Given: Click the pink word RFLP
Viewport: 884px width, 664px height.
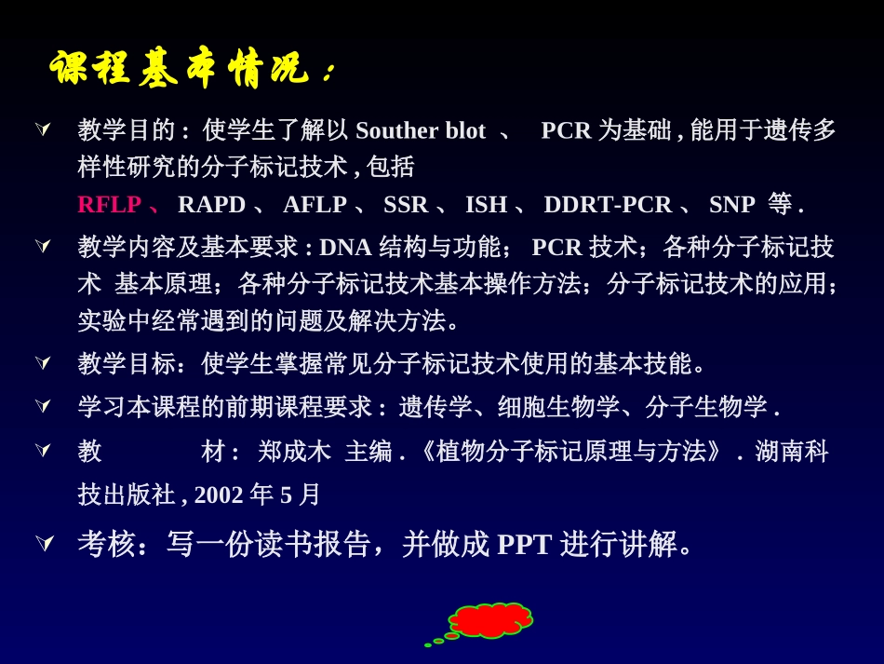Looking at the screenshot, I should [109, 204].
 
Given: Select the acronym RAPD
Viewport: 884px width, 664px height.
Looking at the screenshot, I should [211, 204].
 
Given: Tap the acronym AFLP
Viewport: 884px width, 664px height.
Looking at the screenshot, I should [315, 204].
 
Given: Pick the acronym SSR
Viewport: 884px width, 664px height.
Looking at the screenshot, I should [406, 204].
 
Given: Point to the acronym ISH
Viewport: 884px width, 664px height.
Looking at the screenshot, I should [486, 204].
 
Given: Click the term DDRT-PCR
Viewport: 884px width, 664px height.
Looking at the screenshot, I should [608, 204].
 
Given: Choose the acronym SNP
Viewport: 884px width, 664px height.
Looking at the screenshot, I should [731, 204].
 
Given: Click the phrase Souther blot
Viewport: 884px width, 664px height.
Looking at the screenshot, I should [421, 130].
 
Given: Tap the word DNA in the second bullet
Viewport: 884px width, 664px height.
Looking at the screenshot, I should [345, 248].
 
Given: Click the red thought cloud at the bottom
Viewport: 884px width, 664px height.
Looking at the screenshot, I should [490, 620].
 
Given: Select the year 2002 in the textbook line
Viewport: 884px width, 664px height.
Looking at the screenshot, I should [219, 495].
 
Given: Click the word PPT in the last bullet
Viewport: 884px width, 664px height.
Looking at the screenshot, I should [524, 544].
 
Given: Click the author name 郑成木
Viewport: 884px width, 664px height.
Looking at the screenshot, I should [294, 452].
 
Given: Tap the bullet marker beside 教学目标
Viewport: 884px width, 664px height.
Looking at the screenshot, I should [43, 362].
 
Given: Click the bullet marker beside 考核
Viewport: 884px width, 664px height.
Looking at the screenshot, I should [44, 542].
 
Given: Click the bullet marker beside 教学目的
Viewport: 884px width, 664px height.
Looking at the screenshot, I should [43, 129].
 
